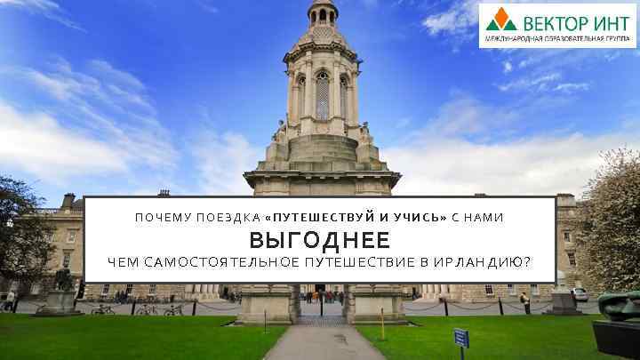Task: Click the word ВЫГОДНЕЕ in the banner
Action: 319,241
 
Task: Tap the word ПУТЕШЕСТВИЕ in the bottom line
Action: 360,264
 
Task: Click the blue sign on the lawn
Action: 461,337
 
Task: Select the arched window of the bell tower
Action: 322,95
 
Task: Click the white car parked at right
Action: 580,293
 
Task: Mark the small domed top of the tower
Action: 322,11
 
